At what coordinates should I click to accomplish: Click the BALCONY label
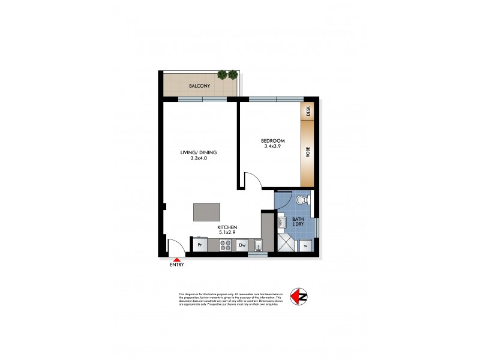tap(199, 86)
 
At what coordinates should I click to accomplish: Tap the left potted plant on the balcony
tap(223, 75)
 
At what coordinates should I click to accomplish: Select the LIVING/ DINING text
tap(199, 152)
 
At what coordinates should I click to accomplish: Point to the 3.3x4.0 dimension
tap(199, 158)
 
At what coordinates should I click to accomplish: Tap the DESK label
tap(308, 111)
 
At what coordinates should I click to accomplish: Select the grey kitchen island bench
tap(206, 213)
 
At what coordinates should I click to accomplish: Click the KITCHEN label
tap(227, 227)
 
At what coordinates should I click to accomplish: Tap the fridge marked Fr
tap(199, 245)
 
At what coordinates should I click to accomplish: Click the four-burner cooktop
tap(226, 245)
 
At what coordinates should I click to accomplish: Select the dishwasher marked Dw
tap(243, 245)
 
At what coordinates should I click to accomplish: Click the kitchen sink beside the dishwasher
tap(258, 245)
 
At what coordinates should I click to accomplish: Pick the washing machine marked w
tap(305, 245)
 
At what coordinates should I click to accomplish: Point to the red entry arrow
tap(176, 259)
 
